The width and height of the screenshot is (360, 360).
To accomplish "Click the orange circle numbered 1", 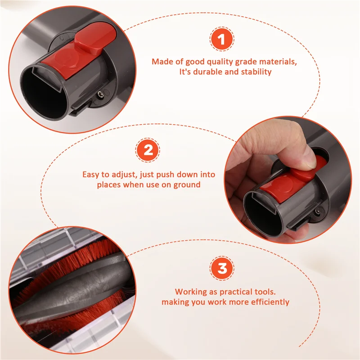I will [222, 40].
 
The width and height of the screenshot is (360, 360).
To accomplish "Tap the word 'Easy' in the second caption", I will [91, 175].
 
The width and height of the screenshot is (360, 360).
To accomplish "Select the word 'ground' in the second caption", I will [188, 184].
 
